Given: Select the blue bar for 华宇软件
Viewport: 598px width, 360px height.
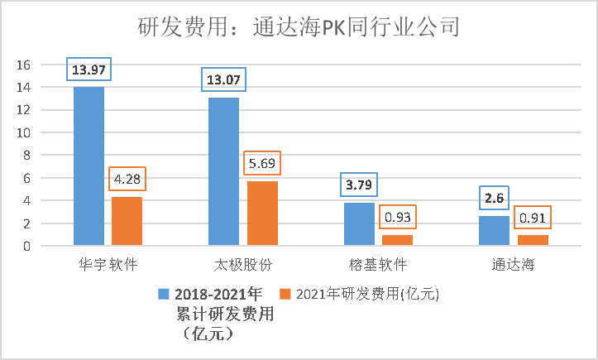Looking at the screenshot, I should pyautogui.click(x=89, y=166).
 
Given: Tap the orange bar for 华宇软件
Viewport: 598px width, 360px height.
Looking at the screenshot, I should pyautogui.click(x=127, y=221).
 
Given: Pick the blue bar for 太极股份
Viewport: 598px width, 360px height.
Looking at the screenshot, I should pyautogui.click(x=224, y=171).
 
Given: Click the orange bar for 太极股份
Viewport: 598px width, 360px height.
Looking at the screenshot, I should pyautogui.click(x=262, y=214).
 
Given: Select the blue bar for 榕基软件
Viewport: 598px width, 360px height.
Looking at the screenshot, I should pyautogui.click(x=359, y=224).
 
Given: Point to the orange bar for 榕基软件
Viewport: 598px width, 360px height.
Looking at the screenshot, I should pyautogui.click(x=397, y=240).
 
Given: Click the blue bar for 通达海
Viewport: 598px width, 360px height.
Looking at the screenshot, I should pyautogui.click(x=495, y=231).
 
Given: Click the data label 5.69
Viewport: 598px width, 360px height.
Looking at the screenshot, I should pyautogui.click(x=261, y=161).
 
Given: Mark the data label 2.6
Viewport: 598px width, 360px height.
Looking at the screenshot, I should pyautogui.click(x=494, y=198).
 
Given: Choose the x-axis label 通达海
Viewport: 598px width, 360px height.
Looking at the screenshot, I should pyautogui.click(x=513, y=266).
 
